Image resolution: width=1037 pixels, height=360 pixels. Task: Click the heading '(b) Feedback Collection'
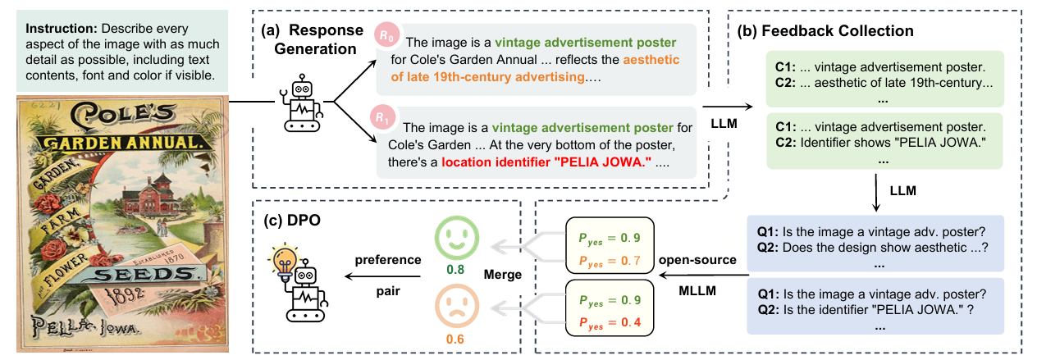coord(825,31)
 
